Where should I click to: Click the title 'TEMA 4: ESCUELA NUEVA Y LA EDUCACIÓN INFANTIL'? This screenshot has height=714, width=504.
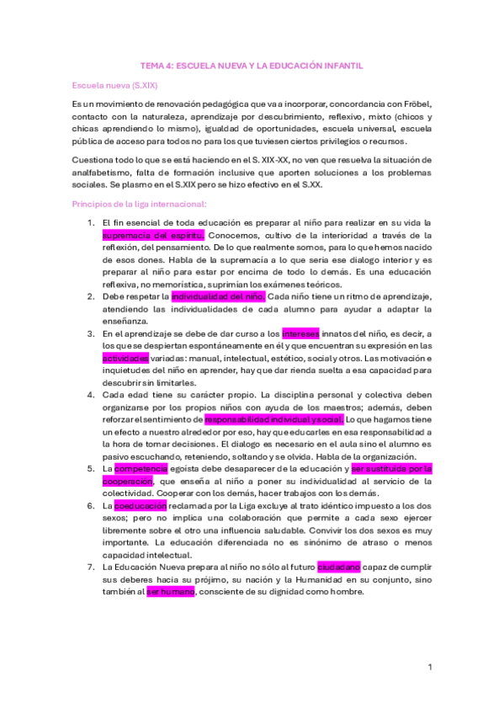click(252, 65)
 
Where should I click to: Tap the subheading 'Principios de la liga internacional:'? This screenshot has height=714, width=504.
click(134, 204)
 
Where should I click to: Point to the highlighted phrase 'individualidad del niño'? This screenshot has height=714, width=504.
click(219, 296)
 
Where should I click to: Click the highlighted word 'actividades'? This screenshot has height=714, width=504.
click(125, 358)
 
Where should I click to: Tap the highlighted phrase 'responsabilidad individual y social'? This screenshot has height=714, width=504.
click(273, 418)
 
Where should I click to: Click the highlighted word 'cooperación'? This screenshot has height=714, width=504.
click(130, 481)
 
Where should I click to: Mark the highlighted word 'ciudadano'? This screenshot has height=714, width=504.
click(339, 567)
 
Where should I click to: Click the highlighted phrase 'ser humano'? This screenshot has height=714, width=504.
click(171, 592)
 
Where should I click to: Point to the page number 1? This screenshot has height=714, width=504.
click(429, 667)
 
